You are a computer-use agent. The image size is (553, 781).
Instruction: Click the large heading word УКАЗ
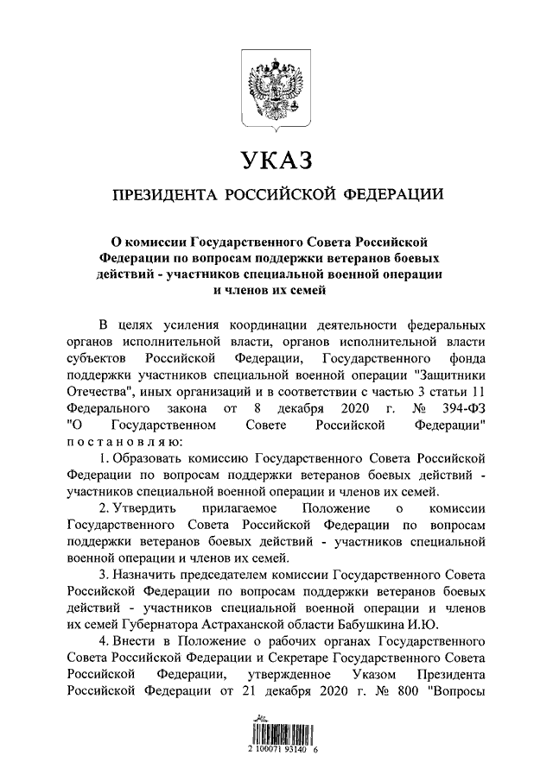tap(276, 161)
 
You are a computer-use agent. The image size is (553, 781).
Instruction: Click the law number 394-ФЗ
tap(464, 407)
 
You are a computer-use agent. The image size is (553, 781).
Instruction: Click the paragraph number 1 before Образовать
tap(103, 457)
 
